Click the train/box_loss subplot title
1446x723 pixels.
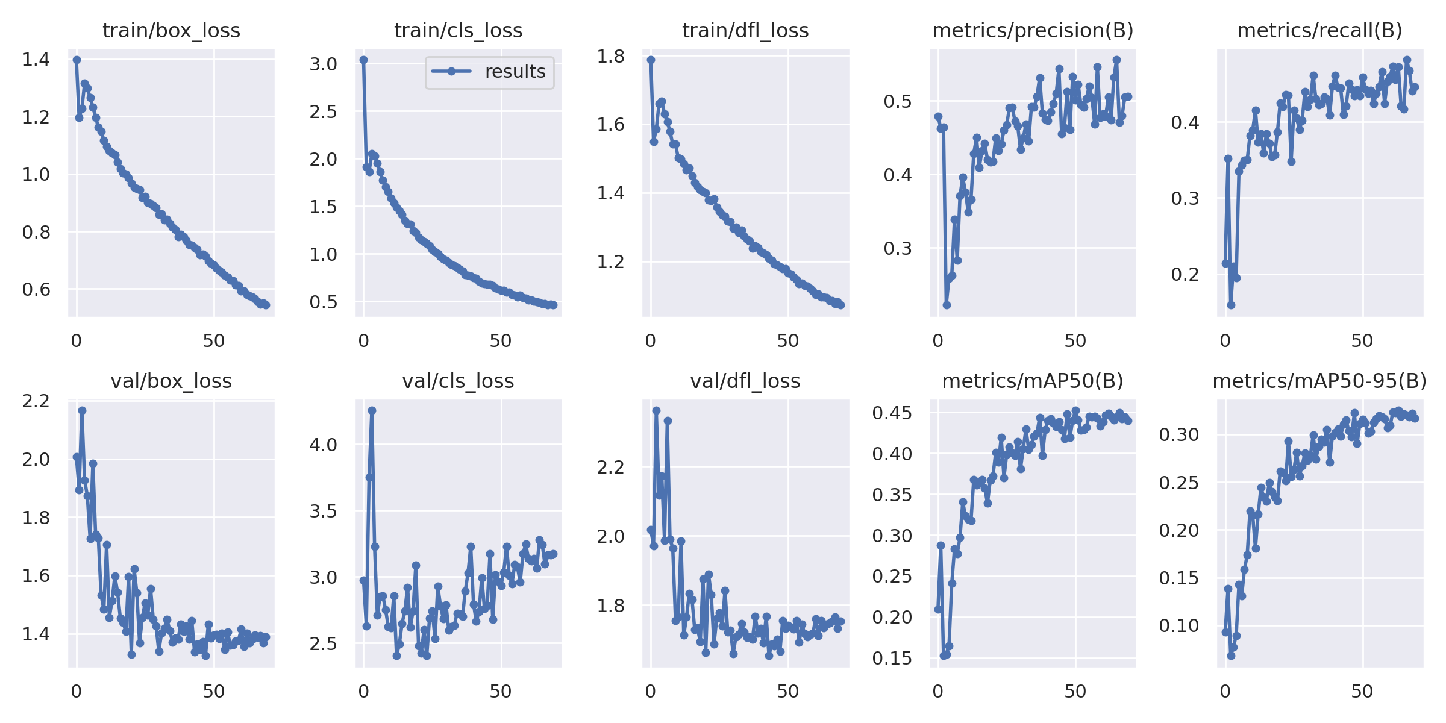171,30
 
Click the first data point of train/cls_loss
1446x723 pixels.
363,60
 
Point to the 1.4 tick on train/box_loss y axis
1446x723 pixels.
36,60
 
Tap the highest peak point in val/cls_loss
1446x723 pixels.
372,410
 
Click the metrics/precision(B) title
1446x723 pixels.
1033,30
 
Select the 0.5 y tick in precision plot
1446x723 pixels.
898,101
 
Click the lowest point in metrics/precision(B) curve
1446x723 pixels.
947,305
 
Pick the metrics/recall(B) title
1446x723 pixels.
1319,30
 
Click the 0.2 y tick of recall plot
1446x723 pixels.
1185,274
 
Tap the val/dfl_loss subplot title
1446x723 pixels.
745,381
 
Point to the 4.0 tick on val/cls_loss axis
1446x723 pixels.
323,445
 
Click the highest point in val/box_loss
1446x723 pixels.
82,410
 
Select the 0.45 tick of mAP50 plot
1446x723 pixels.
892,413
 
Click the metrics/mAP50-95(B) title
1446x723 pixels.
1319,381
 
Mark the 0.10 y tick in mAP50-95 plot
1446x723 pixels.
1180,625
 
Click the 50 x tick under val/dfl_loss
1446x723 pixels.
787,692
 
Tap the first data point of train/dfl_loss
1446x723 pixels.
651,60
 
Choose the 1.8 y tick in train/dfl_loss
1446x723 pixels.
610,56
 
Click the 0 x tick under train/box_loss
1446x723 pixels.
76,341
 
